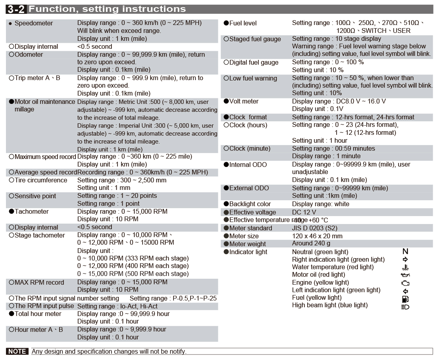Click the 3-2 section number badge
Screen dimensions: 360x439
pyautogui.click(x=17, y=9)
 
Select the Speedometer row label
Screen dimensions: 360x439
pyautogui.click(x=33, y=23)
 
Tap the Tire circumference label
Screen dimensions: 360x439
pyautogui.click(x=41, y=180)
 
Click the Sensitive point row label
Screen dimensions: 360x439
pyautogui.click(x=35, y=196)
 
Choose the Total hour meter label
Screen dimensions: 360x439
pyautogui.click(x=38, y=314)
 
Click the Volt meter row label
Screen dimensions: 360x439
pyautogui.click(x=244, y=101)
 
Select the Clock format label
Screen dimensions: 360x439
pyautogui.click(x=248, y=117)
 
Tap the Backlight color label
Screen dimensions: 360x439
pyautogui.click(x=250, y=204)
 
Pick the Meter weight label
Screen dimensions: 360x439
pyautogui.click(x=247, y=244)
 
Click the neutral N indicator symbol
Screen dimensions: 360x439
pyautogui.click(x=405, y=251)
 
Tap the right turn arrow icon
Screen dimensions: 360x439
pyautogui.click(x=405, y=260)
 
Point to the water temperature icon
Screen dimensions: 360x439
pyautogui.click(x=405, y=268)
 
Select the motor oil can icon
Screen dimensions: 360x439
pyautogui.click(x=405, y=275)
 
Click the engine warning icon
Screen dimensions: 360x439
pyautogui.click(x=405, y=283)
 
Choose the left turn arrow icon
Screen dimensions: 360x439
pyautogui.click(x=405, y=291)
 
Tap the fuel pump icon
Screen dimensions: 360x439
pyautogui.click(x=405, y=299)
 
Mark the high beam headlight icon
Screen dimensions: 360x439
pyautogui.click(x=405, y=307)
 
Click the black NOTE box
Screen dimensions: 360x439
pyautogui.click(x=17, y=351)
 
